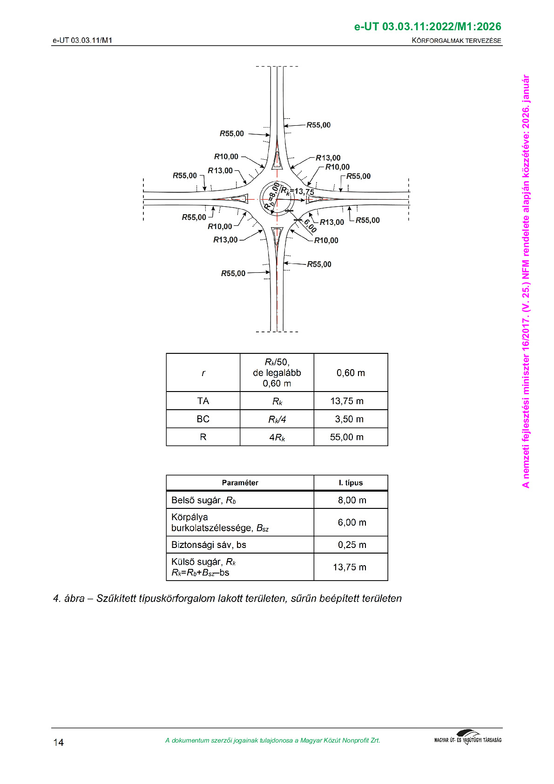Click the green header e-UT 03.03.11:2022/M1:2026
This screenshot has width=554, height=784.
click(427, 27)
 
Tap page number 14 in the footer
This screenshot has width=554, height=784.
click(58, 742)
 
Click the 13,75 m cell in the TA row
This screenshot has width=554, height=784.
click(347, 401)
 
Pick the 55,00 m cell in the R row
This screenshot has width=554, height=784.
click(347, 437)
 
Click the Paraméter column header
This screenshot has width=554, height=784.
click(240, 483)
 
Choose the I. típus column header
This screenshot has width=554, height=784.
click(351, 483)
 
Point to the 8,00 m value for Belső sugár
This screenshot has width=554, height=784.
click(352, 500)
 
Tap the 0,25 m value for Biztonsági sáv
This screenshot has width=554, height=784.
click(352, 545)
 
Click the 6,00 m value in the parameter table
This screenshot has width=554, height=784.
click(352, 522)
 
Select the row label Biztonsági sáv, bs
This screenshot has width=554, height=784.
click(209, 545)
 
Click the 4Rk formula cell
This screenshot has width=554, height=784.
click(277, 437)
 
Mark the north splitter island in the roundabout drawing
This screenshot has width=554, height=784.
click(277, 160)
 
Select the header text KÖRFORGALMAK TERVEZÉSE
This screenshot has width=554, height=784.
click(456, 41)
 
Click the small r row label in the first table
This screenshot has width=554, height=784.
click(203, 373)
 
